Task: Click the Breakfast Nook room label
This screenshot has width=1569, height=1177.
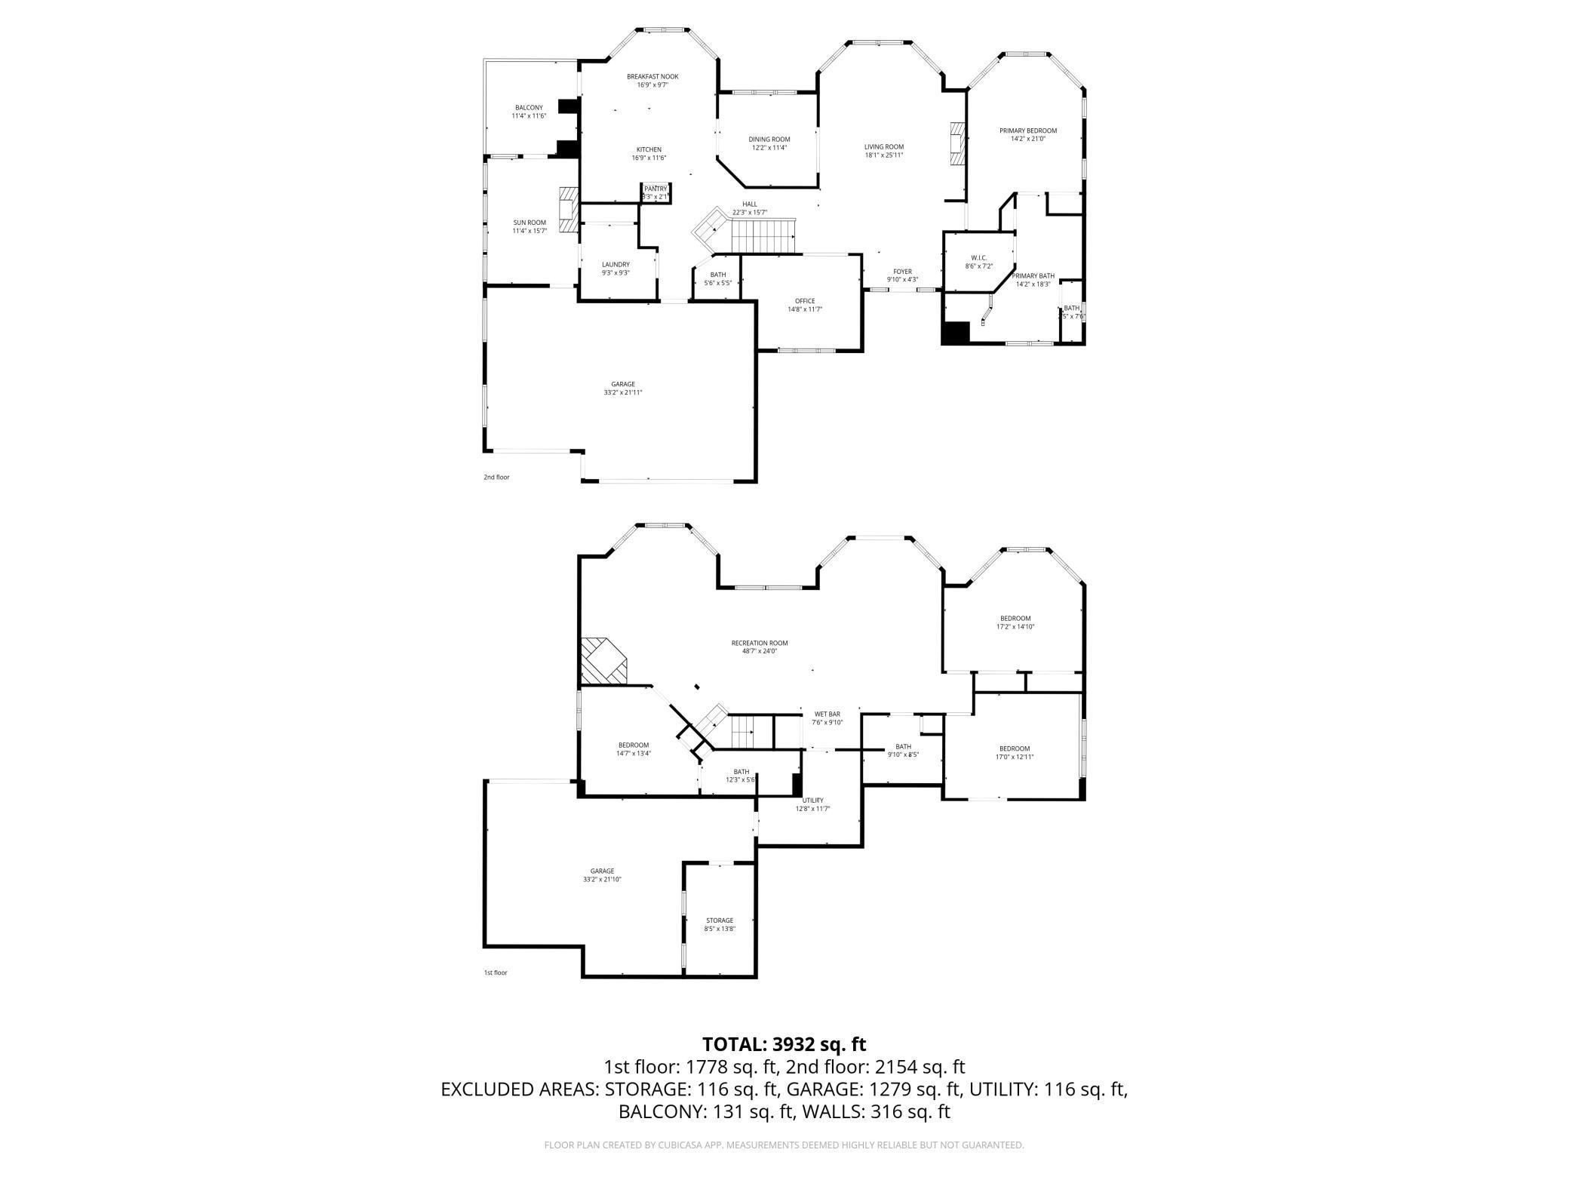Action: (652, 76)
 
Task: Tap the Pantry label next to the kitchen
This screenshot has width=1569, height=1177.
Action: (656, 189)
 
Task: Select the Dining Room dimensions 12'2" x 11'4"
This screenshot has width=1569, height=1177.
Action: (769, 148)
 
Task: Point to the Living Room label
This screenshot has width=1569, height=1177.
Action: (883, 146)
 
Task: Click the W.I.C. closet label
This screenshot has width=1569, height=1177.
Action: (980, 258)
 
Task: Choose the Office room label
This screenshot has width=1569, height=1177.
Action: (804, 301)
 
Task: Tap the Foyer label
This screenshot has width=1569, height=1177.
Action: (902, 272)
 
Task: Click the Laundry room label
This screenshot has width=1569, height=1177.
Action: (616, 264)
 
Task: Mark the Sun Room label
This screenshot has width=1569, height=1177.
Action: (530, 223)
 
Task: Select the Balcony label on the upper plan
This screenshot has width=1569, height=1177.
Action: (529, 108)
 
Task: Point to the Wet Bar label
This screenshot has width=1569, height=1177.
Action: (827, 714)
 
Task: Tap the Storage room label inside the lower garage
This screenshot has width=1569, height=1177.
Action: (720, 920)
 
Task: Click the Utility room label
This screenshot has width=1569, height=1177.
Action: (812, 801)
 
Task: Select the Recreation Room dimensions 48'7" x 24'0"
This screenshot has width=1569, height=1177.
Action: (759, 651)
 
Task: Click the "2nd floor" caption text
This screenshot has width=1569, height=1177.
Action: (496, 477)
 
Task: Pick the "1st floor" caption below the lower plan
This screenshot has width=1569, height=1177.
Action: (495, 973)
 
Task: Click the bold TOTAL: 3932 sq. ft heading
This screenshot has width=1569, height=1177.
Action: (784, 1044)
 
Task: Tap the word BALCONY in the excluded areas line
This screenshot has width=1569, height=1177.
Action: (659, 1111)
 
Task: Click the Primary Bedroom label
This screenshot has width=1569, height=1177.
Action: (1027, 131)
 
